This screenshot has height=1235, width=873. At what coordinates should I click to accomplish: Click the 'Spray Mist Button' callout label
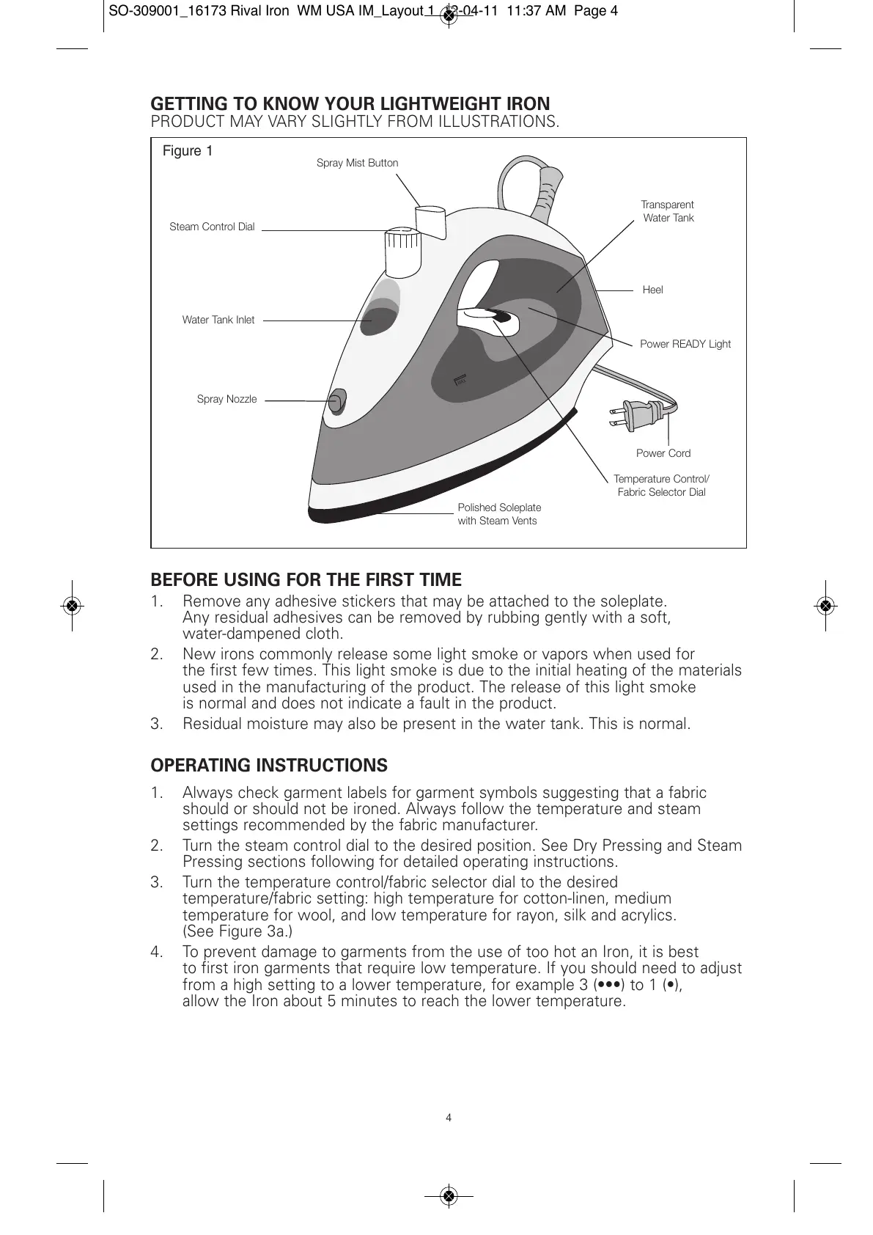357,163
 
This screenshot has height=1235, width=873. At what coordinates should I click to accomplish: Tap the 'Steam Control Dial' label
212,227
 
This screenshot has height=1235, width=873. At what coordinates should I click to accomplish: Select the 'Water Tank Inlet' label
218,320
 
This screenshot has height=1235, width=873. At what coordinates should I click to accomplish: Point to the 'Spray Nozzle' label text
226,400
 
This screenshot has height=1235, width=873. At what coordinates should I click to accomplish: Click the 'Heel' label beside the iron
652,290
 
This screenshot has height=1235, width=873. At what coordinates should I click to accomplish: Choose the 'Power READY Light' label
685,344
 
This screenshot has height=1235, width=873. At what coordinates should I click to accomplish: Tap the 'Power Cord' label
663,453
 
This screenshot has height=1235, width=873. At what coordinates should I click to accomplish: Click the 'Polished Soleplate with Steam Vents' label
499,514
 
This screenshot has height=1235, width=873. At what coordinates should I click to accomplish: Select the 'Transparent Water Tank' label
667,211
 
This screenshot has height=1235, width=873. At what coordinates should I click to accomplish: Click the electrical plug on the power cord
632,416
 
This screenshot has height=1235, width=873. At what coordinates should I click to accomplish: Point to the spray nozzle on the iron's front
336,400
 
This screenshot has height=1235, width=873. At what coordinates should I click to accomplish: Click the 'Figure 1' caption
188,151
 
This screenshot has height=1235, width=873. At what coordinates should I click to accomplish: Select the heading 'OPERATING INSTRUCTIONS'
269,766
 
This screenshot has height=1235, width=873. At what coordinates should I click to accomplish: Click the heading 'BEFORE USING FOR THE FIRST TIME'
306,580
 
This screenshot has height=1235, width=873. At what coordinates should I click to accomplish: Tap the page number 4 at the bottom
449,1118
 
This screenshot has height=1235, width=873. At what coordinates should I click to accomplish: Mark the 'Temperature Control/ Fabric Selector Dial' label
661,485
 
